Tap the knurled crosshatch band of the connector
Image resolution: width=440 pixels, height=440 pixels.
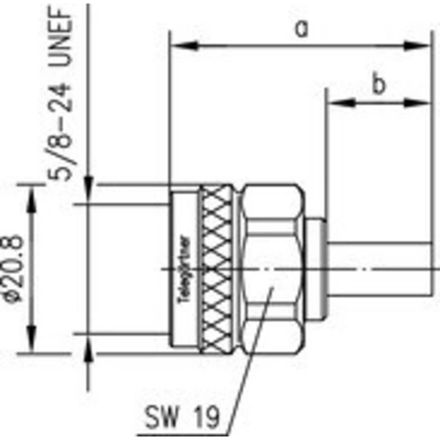point(216,269)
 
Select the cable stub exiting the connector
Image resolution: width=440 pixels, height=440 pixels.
point(378,269)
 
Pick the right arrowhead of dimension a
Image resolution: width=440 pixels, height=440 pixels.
point(418,45)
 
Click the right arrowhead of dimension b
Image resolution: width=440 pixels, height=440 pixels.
point(418,103)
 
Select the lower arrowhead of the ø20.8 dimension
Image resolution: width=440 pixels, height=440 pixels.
point(32,343)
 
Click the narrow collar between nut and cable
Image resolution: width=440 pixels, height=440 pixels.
point(317,269)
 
